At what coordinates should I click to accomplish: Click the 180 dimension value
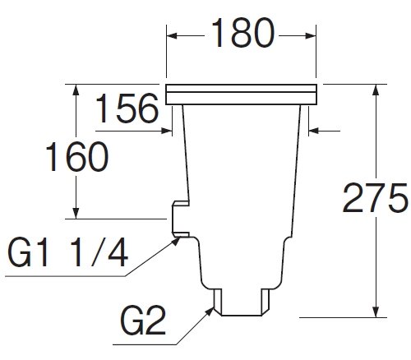242,33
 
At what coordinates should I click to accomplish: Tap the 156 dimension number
127,108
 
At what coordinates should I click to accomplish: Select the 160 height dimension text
77,156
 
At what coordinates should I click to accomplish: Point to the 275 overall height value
375,198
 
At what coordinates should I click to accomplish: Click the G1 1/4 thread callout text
67,252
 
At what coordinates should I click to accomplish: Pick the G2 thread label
143,321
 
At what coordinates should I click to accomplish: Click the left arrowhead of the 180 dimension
172,36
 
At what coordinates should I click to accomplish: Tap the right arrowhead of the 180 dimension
311,36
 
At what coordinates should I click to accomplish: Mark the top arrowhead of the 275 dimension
376,90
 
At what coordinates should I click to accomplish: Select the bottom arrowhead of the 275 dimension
376,312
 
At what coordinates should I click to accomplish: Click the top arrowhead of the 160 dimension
76,90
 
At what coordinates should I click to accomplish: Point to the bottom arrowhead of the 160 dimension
76,214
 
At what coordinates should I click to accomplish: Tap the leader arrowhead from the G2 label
210,311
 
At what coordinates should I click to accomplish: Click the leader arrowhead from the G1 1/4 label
177,241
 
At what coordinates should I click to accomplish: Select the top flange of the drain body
242,95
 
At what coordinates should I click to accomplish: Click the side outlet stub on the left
181,219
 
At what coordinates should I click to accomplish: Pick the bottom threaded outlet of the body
242,302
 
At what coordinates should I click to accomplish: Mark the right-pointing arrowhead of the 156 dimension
167,131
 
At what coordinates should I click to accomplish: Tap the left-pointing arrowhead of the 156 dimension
314,131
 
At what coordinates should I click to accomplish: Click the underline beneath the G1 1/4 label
66,276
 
